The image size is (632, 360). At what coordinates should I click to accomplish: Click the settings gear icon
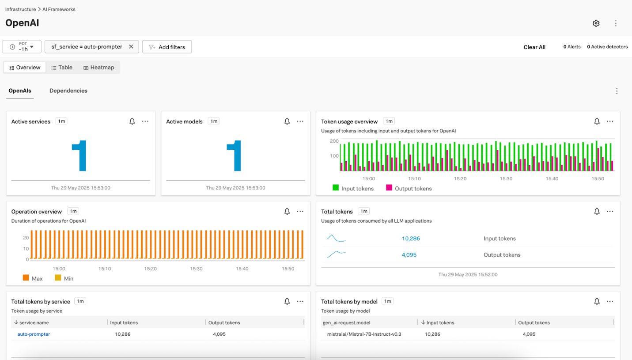coord(596,23)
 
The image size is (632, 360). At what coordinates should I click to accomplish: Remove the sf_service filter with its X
coord(131,46)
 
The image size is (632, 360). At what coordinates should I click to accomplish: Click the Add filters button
coord(167,47)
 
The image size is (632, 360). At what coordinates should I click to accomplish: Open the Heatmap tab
coord(99,68)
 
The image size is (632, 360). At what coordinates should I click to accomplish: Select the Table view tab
coord(62,68)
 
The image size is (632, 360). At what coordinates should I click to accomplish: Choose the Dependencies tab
coord(68,91)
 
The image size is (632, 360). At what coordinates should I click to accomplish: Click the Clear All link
coord(534,47)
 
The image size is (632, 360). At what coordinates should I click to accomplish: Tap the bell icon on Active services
coord(132,121)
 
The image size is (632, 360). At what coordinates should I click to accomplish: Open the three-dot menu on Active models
coord(300,121)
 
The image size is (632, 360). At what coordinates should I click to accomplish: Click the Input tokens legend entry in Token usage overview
coord(353,188)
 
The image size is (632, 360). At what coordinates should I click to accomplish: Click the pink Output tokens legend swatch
coord(389,188)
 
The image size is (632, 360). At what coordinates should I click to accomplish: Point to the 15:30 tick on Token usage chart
coord(506,178)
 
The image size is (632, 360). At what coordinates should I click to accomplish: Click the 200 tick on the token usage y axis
coord(334,141)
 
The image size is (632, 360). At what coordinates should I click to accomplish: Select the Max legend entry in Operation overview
coord(33,278)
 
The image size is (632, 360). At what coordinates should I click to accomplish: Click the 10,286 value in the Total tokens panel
coord(411,239)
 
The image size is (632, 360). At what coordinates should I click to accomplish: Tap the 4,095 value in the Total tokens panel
coord(409,255)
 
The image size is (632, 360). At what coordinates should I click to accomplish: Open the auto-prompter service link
coord(34,334)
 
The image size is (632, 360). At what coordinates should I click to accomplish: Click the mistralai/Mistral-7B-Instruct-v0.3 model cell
coord(364,334)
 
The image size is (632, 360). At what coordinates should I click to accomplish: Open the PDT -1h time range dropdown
coord(22,46)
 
